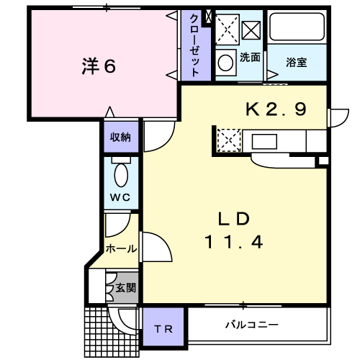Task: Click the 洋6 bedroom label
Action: point(99,66)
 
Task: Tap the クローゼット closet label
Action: point(194,45)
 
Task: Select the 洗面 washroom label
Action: point(250,58)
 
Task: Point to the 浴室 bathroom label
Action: point(297,62)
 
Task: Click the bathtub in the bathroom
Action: point(297,27)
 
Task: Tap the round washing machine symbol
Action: point(226,63)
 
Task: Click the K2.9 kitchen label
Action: point(276,109)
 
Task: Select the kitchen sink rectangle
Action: point(264,141)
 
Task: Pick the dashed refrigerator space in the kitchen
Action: point(229,140)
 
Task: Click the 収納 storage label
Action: point(120,138)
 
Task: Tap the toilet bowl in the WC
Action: point(121,175)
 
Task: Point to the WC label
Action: point(120,197)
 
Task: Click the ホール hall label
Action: point(122,248)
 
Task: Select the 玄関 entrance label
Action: point(126,288)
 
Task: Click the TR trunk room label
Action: point(163,329)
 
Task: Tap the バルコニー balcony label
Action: point(252,325)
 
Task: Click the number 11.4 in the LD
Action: point(234,242)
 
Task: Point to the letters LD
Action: point(234,219)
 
